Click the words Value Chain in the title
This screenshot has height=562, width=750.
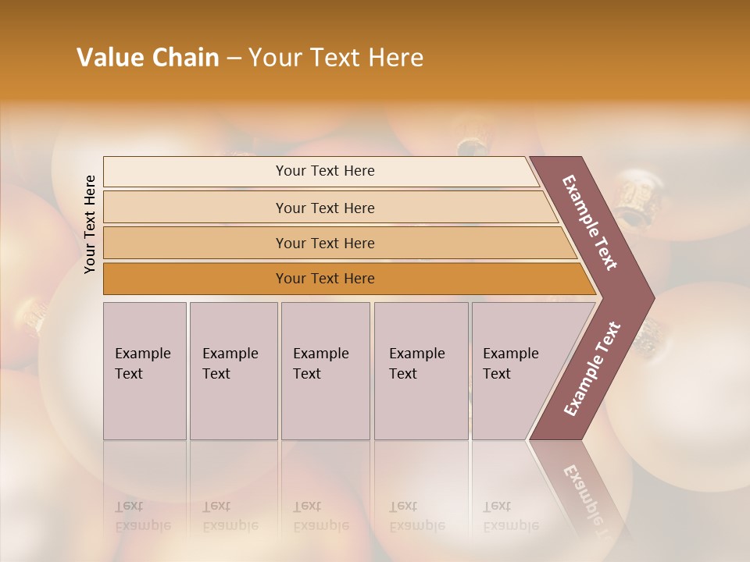(148, 58)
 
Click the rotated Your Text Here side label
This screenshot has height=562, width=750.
(90, 224)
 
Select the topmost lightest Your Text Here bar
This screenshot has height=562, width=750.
(324, 171)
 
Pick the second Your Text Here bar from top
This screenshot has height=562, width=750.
(324, 208)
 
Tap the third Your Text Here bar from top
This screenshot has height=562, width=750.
(324, 243)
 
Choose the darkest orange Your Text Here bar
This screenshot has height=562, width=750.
(324, 279)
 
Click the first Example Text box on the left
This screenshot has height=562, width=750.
(145, 370)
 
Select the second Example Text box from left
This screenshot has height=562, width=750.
(234, 370)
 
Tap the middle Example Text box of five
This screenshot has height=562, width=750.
(325, 370)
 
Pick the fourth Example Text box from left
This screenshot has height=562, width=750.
(421, 370)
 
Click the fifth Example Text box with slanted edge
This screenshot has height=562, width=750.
(516, 370)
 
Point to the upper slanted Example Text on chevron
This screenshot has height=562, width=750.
(590, 222)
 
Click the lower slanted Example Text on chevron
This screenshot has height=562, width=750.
(591, 369)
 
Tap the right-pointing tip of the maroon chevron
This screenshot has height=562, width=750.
(650, 297)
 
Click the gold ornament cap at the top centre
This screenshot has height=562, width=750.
(470, 146)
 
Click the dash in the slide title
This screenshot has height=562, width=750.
(234, 58)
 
